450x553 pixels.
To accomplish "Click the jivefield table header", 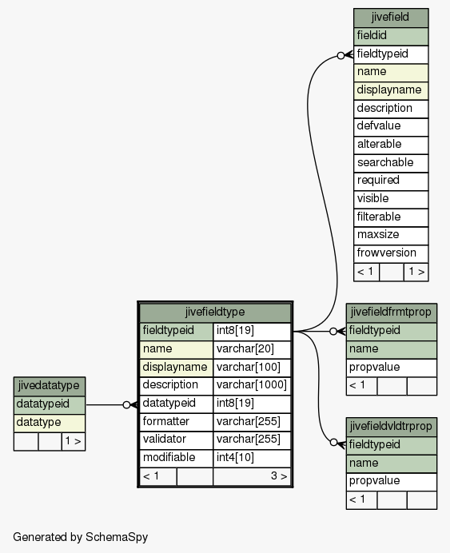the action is pyautogui.click(x=391, y=18).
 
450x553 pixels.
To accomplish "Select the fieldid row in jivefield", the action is pyautogui.click(x=391, y=36).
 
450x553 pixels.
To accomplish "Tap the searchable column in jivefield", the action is pyautogui.click(x=391, y=163).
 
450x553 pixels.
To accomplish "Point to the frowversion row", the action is pyautogui.click(x=391, y=253).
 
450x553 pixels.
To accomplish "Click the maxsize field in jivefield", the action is pyautogui.click(x=391, y=235).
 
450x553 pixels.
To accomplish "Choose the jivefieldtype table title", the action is pyautogui.click(x=215, y=312).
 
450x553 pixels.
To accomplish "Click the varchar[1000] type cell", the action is pyautogui.click(x=252, y=385).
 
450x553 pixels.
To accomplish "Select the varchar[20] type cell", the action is pyautogui.click(x=252, y=349).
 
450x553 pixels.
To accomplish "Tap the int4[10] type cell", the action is pyautogui.click(x=252, y=458).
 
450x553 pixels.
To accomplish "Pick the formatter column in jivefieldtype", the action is pyautogui.click(x=177, y=422).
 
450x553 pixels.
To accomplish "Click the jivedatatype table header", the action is pyautogui.click(x=50, y=386).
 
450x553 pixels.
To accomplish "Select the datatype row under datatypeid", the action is pyautogui.click(x=50, y=423).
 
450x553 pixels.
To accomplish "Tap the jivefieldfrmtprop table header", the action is pyautogui.click(x=392, y=312).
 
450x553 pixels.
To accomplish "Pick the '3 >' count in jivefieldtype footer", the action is pyautogui.click(x=279, y=476).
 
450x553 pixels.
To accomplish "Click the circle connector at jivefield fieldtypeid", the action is pyautogui.click(x=340, y=55).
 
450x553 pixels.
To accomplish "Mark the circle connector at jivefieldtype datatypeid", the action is pyautogui.click(x=126, y=405).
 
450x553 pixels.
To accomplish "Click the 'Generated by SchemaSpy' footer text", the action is pyautogui.click(x=81, y=537).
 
